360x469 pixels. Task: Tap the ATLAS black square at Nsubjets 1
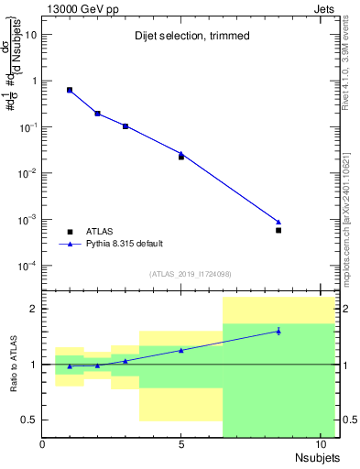coord(71,90)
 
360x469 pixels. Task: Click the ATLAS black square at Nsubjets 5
coord(181,157)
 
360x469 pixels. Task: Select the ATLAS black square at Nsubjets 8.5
coord(278,230)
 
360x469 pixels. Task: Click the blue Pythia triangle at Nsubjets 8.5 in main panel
coord(278,222)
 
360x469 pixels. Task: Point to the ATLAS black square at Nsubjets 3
coord(125,126)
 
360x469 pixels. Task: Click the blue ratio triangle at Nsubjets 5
coord(181,350)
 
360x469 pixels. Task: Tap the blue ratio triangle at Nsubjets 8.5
coord(278,331)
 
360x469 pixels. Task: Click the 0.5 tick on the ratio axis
coord(29,420)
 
